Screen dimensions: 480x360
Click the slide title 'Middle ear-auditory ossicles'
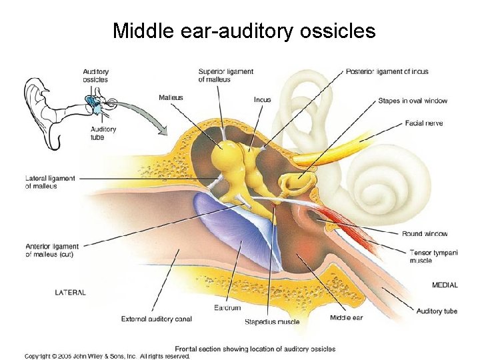[x=244, y=31]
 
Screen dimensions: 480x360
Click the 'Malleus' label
[x=171, y=98]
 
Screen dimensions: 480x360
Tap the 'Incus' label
[x=262, y=100]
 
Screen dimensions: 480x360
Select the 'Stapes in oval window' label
[x=413, y=101]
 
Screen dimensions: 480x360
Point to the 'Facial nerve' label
[x=424, y=123]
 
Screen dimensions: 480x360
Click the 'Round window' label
[x=425, y=234]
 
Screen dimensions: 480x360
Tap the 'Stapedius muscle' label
[x=271, y=322]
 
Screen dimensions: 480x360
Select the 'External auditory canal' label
[x=156, y=319]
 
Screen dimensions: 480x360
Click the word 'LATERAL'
[x=70, y=292]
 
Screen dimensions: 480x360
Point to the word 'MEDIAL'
[x=445, y=285]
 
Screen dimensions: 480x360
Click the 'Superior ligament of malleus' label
[x=225, y=75]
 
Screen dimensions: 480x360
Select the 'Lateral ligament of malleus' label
[x=50, y=182]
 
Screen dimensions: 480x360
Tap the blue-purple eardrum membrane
[x=237, y=226]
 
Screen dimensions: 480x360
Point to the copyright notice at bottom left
[x=107, y=356]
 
